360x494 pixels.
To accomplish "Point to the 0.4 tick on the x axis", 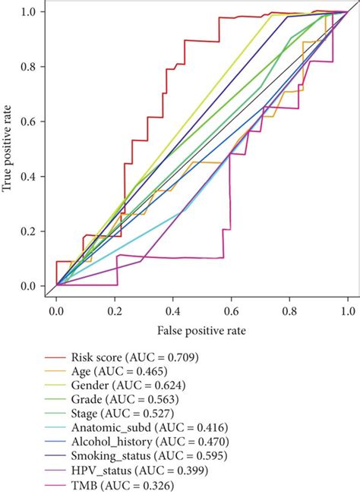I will (x=172, y=312).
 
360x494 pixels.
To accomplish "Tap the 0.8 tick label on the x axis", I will (x=289, y=312).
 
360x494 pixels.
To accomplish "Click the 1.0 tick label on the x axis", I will (x=347, y=312).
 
